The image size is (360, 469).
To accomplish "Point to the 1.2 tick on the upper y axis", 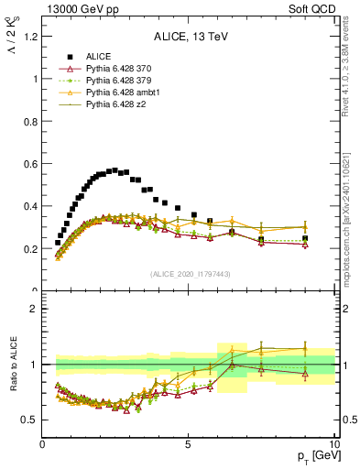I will click(x=29, y=37).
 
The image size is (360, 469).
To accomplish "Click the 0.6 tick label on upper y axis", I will click(x=29, y=164).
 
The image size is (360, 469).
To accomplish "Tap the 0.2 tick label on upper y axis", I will click(x=29, y=249).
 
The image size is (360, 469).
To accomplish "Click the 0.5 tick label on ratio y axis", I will click(x=29, y=420).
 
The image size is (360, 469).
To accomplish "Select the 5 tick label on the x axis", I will click(x=188, y=444).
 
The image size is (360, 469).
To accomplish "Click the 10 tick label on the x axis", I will click(x=333, y=444).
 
